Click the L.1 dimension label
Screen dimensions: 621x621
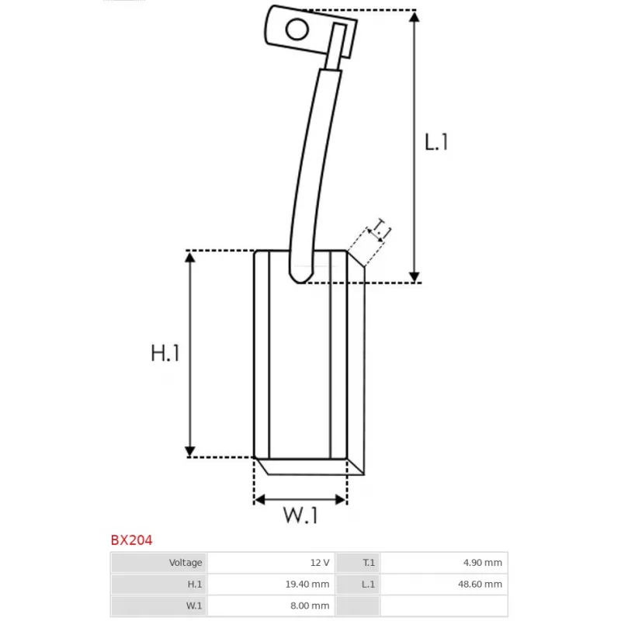[437, 142]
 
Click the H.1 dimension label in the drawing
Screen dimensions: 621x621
[165, 353]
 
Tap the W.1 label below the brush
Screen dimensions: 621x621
[300, 515]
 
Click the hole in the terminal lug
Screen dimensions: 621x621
[296, 29]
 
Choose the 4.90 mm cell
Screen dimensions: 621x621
[443, 562]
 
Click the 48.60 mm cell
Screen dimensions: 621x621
[443, 584]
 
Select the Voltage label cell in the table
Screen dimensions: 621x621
[159, 562]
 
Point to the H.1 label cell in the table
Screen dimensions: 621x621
[159, 584]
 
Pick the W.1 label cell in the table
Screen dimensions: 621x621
[159, 605]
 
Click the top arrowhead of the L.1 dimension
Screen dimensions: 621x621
[415, 17]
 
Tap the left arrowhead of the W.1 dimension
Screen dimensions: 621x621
[260, 499]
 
